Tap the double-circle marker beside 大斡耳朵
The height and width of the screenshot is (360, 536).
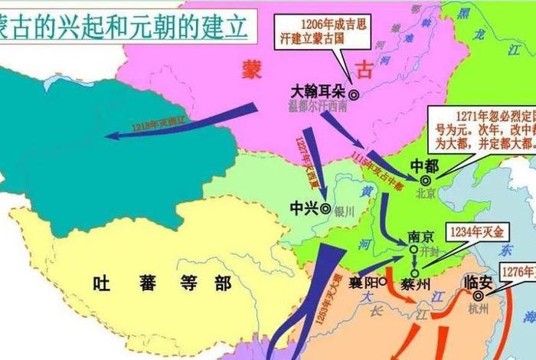[x=353, y=95]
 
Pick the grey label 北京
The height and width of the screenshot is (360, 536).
[x=426, y=193]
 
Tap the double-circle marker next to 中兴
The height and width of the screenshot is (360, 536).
[x=326, y=208]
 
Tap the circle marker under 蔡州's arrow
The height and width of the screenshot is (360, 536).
[x=414, y=272]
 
